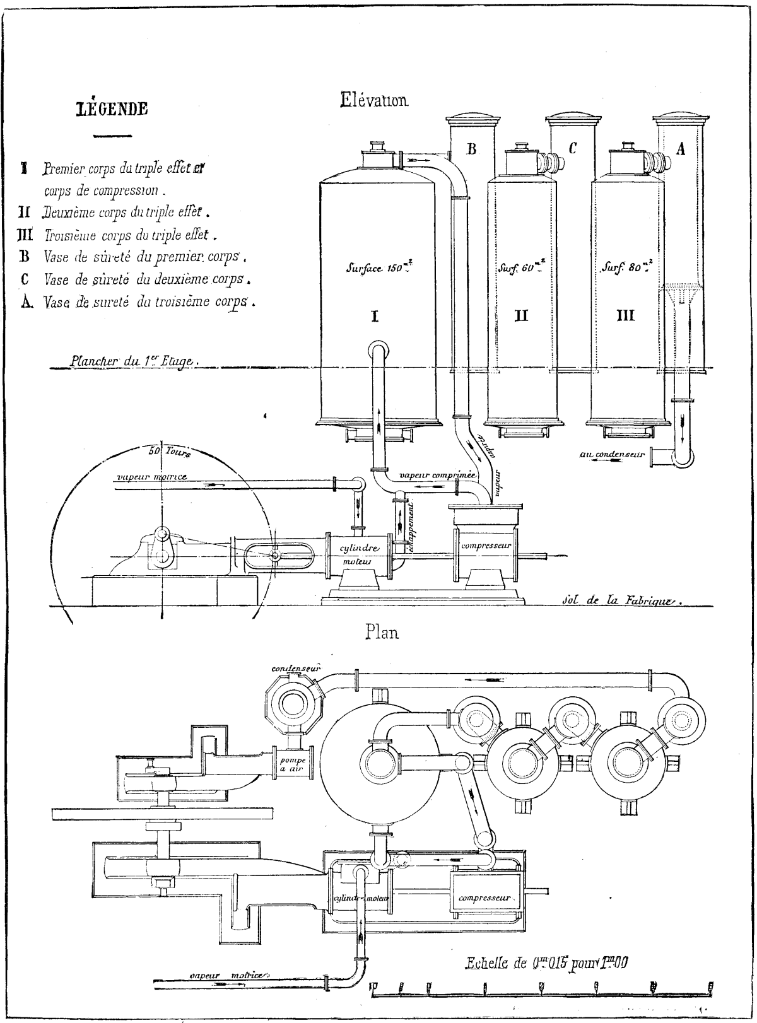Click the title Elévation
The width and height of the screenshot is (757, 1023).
point(375,99)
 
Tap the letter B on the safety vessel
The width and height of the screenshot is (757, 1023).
point(470,149)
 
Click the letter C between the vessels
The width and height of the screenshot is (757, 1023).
point(572,149)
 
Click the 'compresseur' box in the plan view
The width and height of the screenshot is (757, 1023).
point(484,898)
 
